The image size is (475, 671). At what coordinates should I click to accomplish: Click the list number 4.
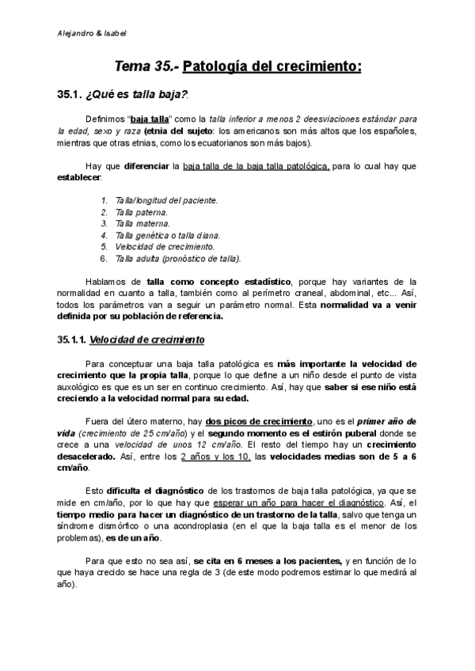(x=104, y=235)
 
